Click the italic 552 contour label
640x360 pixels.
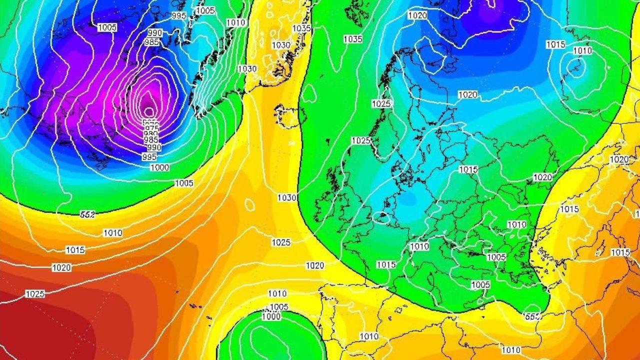pyautogui.click(x=87, y=214)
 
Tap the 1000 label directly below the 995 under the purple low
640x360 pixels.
pyautogui.click(x=159, y=167)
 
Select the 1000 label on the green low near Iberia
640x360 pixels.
pyautogui.click(x=271, y=316)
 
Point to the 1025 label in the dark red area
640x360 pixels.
pyautogui.click(x=34, y=294)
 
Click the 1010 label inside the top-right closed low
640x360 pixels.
pyautogui.click(x=582, y=51)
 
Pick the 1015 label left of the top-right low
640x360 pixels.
pyautogui.click(x=555, y=44)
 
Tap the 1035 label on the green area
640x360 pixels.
pyautogui.click(x=352, y=39)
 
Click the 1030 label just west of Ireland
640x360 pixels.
pyautogui.click(x=287, y=198)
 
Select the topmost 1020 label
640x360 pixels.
pyautogui.click(x=417, y=15)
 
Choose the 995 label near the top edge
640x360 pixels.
pyautogui.click(x=178, y=15)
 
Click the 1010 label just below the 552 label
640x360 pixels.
pyautogui.click(x=112, y=233)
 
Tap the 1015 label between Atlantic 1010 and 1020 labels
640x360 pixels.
pyautogui.click(x=75, y=250)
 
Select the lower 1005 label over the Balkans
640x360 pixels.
pyautogui.click(x=480, y=284)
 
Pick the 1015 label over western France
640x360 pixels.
pyautogui.click(x=386, y=264)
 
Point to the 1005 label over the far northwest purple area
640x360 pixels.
pyautogui.click(x=107, y=28)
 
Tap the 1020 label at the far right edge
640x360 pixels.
pyautogui.click(x=619, y=159)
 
